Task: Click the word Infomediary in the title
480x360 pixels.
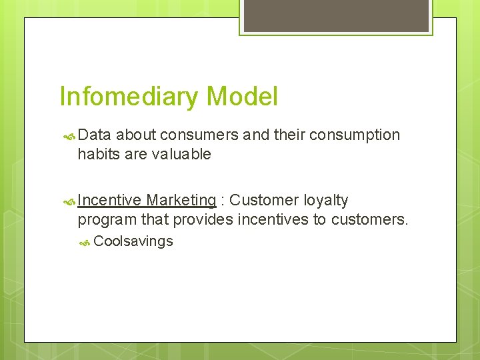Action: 129,97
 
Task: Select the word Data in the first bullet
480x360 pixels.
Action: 95,135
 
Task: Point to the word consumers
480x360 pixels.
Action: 199,135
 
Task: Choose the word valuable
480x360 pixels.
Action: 180,155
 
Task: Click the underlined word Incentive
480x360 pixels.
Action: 109,201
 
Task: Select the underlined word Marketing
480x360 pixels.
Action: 181,201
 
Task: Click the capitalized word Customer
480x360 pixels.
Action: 264,201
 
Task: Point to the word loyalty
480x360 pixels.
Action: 326,201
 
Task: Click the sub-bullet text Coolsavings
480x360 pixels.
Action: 133,241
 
